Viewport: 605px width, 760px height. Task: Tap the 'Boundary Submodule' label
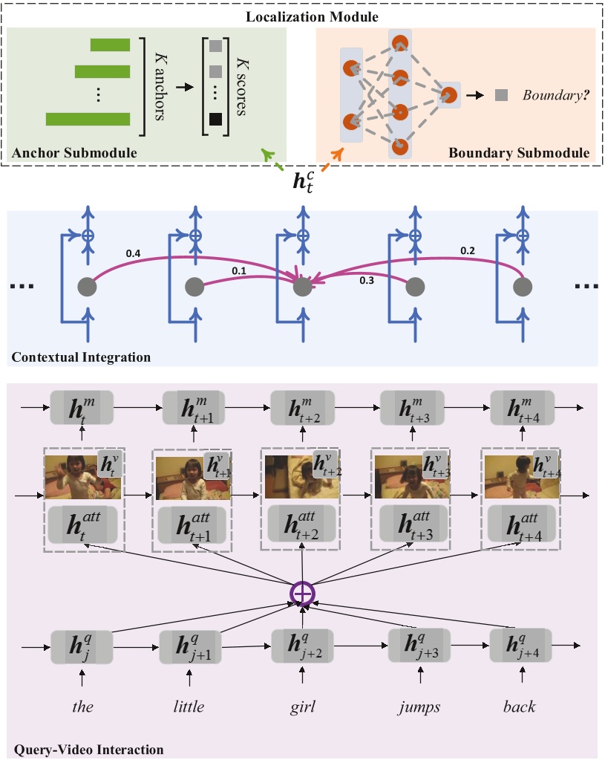tap(518, 153)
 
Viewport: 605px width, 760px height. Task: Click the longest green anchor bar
tap(88, 119)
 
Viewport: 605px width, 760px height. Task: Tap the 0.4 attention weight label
tap(134, 254)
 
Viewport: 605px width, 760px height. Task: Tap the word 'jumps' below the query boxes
tap(420, 706)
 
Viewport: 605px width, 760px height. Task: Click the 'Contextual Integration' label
tap(81, 357)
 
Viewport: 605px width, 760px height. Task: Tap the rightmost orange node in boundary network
tap(448, 95)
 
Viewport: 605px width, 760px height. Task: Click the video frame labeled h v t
tap(82, 477)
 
